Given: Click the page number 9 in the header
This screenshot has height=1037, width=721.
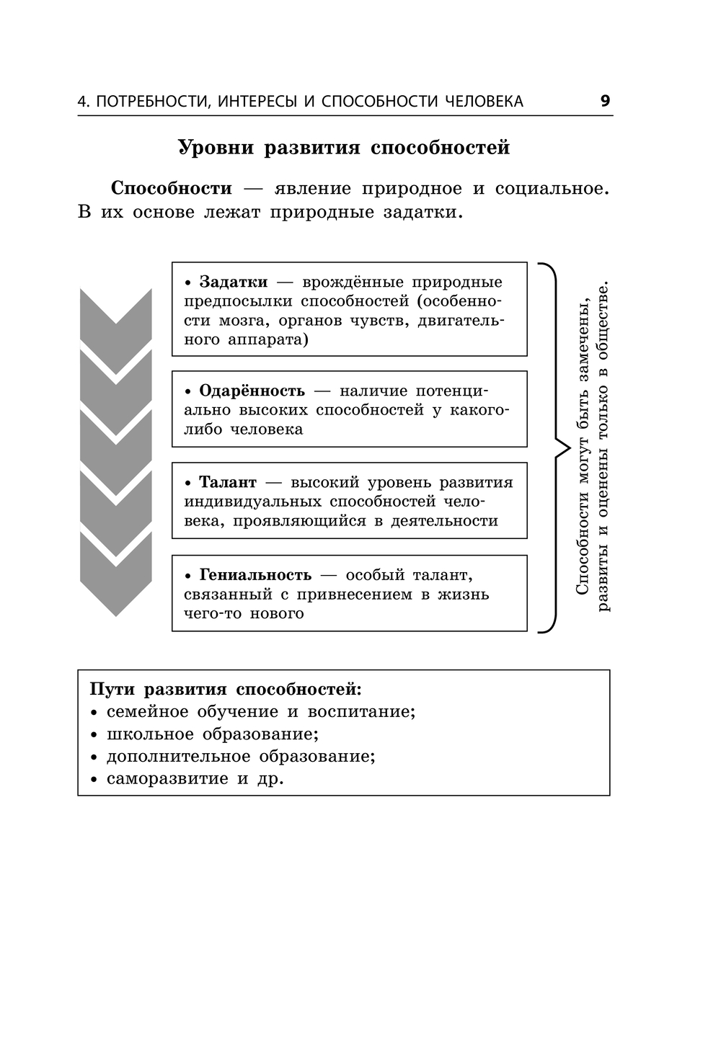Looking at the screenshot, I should pos(605,101).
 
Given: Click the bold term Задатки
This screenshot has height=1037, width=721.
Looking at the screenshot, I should pos(233,282).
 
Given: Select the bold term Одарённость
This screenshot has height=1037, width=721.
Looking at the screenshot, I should pos(252,391).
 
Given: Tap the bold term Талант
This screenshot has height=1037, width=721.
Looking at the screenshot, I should pos(227,483).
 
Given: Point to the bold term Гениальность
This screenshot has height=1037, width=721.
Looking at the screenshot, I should pos(255,575).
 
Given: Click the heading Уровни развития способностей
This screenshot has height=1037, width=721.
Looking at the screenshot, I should pos(344,147).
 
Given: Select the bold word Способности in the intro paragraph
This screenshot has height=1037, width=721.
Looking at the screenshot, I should pos(172,189).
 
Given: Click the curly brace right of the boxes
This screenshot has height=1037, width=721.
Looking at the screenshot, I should pos(554,448).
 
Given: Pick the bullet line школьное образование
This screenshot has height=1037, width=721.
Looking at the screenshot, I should pos(212,734).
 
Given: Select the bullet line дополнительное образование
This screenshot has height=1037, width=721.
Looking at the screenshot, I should pos(241,757).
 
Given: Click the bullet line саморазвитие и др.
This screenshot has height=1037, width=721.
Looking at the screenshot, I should pos(195,779).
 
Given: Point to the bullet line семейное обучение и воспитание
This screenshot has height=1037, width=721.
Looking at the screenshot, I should pos(261,712).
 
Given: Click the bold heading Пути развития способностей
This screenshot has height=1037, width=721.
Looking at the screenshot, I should pos(226,689).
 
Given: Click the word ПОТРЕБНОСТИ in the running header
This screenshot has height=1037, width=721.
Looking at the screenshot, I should pos(151,102).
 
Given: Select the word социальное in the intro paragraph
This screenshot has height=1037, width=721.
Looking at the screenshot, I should pos(551,189).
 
